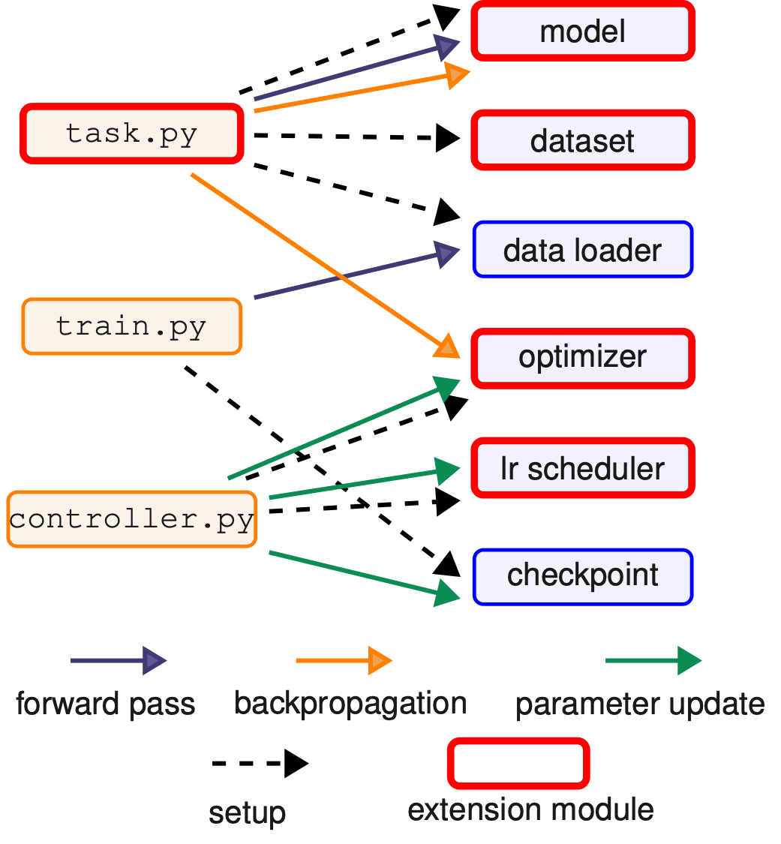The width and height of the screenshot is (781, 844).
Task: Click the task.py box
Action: click(132, 134)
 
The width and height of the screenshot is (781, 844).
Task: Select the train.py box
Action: click(132, 326)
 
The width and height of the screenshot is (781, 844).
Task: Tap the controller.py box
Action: click(132, 519)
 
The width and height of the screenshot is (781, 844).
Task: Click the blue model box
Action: click(583, 32)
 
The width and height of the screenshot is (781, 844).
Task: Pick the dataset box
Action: click(583, 140)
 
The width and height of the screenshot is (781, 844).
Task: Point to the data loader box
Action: click(583, 249)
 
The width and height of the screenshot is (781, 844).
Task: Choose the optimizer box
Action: click(583, 358)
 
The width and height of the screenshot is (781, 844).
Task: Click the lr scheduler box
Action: click(583, 468)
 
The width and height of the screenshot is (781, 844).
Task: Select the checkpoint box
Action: click(583, 576)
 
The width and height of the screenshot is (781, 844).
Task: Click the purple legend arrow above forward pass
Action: click(119, 661)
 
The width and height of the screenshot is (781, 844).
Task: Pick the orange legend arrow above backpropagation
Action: click(344, 661)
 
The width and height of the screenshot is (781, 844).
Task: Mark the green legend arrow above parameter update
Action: click(653, 661)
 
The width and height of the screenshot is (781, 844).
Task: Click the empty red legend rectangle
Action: click(518, 763)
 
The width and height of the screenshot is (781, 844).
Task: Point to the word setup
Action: click(247, 813)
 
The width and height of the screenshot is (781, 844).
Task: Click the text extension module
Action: click(530, 810)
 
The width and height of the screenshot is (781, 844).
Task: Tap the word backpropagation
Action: click(350, 704)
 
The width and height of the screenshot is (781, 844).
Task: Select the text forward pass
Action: click(105, 704)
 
